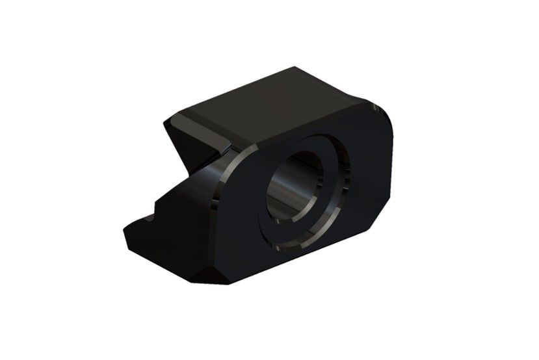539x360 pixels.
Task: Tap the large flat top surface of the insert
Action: click(x=273, y=107)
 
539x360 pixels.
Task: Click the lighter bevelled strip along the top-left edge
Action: click(x=195, y=120)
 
